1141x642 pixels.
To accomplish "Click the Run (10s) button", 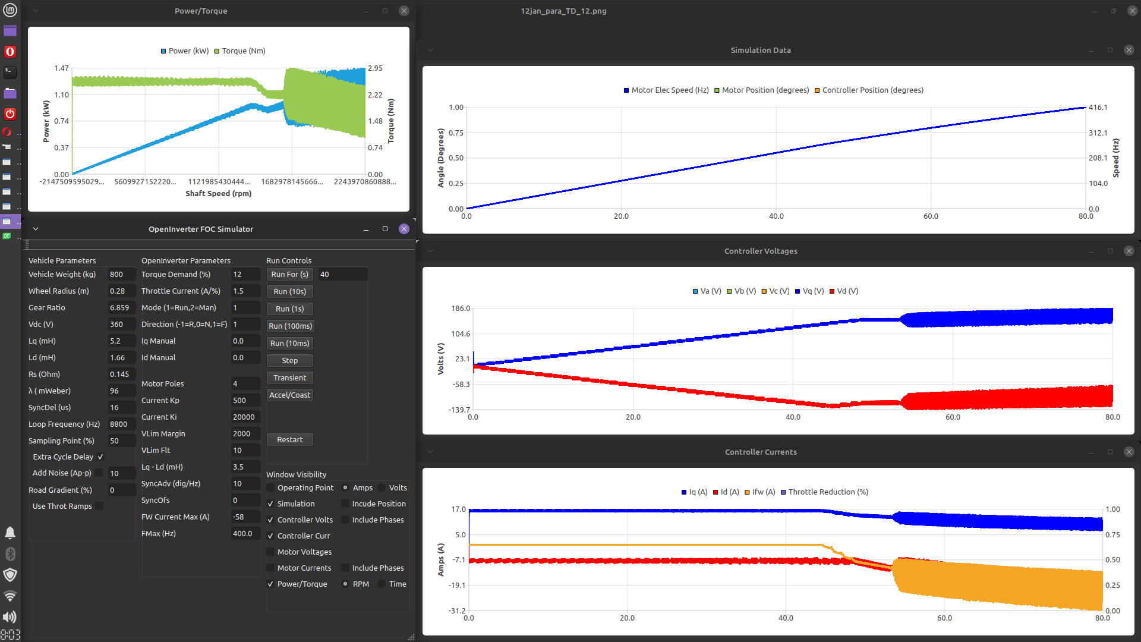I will point(289,291).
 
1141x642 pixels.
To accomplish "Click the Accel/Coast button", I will point(289,395).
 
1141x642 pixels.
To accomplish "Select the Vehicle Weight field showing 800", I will point(121,274).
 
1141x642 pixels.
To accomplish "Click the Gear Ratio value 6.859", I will point(121,307).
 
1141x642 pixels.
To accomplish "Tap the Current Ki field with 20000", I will point(244,417).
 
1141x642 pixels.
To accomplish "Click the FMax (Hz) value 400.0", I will point(244,533).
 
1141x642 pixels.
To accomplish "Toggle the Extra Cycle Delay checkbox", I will point(100,457).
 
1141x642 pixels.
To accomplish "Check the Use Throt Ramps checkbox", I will point(99,506).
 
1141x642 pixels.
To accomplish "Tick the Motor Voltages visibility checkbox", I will point(271,552).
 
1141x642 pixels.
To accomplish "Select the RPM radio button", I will point(345,584).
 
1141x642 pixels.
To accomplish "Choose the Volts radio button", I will point(382,487).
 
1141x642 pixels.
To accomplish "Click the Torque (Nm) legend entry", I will point(240,51).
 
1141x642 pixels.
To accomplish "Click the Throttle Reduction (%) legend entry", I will point(824,492).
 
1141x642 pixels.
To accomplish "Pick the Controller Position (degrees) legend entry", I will point(869,90).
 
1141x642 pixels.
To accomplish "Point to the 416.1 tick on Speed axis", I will point(1098,108).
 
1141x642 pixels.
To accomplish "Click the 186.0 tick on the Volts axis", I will point(461,309).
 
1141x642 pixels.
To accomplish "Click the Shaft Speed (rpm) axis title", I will point(218,193).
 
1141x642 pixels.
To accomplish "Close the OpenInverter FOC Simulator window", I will point(404,229).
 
